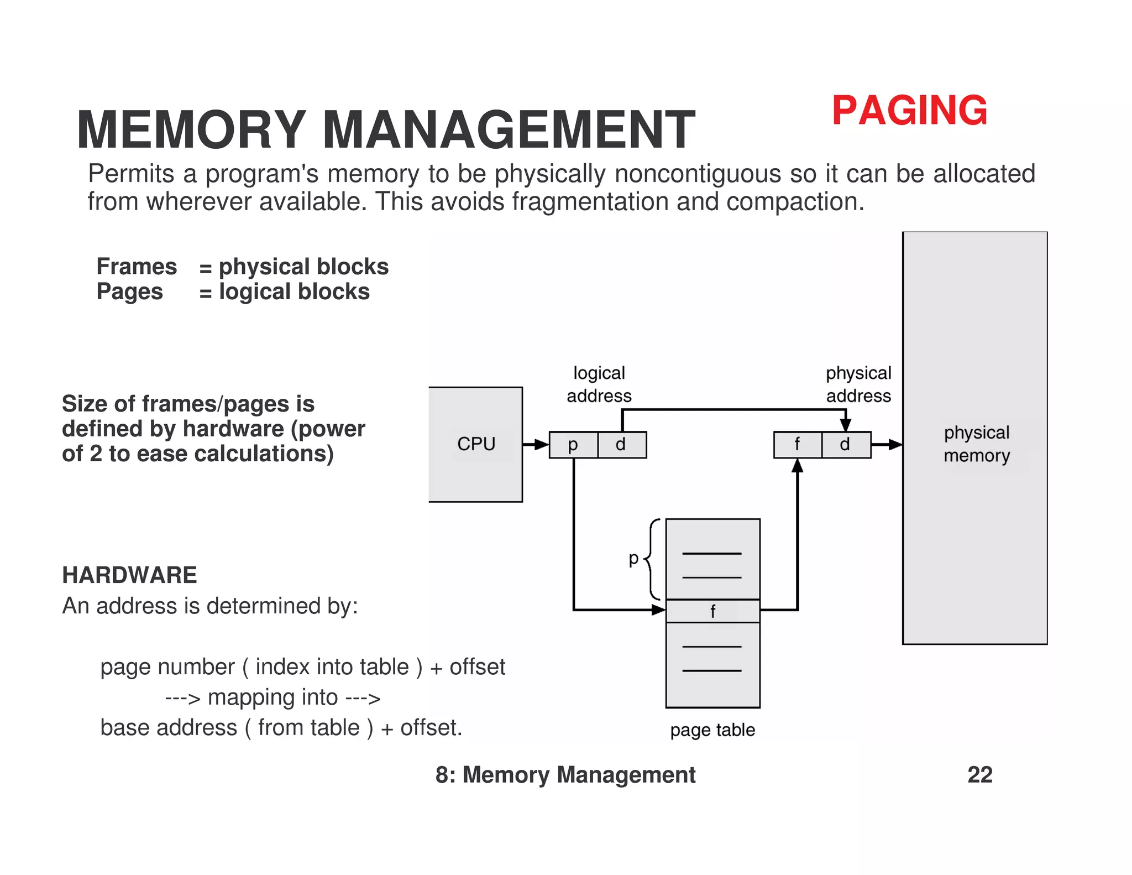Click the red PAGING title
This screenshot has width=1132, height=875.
909,111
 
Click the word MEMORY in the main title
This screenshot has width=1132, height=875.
191,130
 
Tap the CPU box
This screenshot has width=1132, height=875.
475,444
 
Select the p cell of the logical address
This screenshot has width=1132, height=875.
573,445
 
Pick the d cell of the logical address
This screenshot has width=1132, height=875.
621,445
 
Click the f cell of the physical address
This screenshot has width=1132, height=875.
797,445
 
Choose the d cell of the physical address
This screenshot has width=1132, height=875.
845,445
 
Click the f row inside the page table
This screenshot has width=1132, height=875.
712,611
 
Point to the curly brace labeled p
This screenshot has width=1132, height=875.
652,559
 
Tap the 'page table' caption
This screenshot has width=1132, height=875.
712,730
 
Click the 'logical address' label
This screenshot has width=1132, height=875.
599,384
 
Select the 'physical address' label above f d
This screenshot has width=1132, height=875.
858,384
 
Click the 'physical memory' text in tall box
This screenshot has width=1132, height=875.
976,444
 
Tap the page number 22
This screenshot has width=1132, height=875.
979,775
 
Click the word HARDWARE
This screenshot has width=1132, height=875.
129,575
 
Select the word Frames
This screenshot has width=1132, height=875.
137,267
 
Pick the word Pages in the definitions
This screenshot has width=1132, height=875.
129,291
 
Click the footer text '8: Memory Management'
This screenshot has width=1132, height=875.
565,775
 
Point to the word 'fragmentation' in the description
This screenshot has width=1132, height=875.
590,202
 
